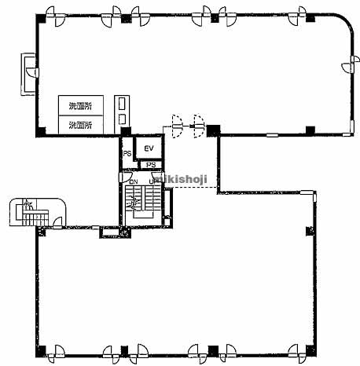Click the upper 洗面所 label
[79, 106]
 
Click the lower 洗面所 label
[79, 124]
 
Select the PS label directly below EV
[150, 165]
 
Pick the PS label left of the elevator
[126, 154]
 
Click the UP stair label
[154, 182]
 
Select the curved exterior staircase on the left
[29, 212]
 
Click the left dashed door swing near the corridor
[178, 123]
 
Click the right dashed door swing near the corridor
[198, 123]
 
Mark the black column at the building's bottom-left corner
[40, 350]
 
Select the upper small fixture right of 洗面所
[121, 103]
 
